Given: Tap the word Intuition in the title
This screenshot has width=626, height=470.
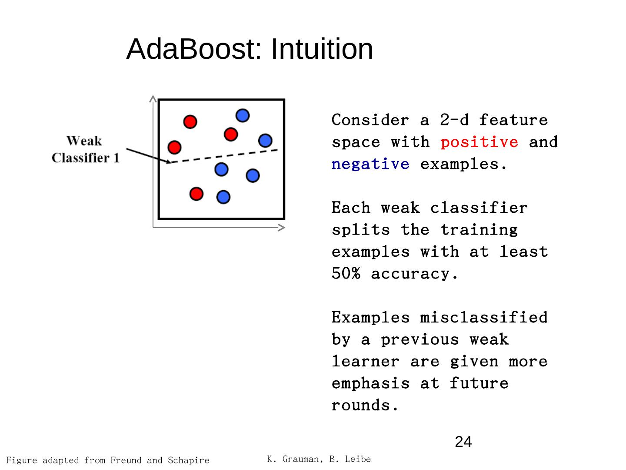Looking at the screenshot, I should (x=322, y=49).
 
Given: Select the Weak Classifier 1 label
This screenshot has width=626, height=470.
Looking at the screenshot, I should (x=85, y=149).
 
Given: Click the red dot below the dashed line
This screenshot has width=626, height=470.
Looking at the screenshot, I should (x=196, y=193).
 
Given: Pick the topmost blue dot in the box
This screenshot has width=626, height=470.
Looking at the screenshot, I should (x=243, y=115).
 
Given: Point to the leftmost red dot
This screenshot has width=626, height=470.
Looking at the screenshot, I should (x=174, y=147).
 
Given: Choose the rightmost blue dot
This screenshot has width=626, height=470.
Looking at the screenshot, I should (x=265, y=141).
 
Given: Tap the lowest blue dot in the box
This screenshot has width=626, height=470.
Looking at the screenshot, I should (x=223, y=197).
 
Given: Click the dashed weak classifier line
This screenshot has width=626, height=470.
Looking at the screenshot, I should (x=224, y=156).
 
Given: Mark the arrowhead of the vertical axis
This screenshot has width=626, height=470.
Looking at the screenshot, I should (x=153, y=99).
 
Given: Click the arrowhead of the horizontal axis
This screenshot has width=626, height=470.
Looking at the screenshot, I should (x=282, y=227).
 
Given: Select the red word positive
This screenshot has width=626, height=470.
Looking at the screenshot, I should (x=479, y=142).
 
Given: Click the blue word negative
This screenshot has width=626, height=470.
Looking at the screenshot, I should (x=370, y=164).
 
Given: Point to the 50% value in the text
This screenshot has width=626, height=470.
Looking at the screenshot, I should (x=346, y=274).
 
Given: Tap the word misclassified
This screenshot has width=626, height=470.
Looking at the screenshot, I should (x=483, y=317).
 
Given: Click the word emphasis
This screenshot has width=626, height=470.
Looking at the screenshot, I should (x=370, y=383).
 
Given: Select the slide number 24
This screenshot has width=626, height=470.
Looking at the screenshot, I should (x=463, y=442).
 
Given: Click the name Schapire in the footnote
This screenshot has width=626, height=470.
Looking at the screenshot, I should (x=188, y=460).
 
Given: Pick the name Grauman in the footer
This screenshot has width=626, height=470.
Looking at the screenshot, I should (x=301, y=459).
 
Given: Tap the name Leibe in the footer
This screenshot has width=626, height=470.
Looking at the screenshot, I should (x=359, y=459).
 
